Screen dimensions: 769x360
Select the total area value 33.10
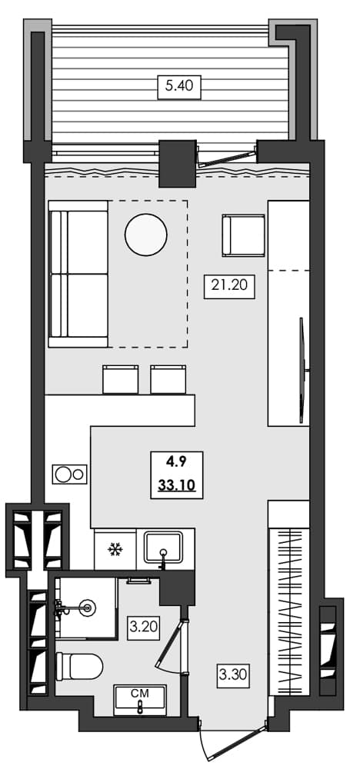(177, 485)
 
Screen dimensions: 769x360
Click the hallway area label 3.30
(233, 677)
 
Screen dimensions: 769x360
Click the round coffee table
(145, 235)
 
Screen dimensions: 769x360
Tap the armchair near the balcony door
(243, 235)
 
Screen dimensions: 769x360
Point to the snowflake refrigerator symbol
(115, 549)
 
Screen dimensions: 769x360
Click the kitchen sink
(164, 548)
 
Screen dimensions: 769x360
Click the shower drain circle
(87, 608)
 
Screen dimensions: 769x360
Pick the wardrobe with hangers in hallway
(289, 608)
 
